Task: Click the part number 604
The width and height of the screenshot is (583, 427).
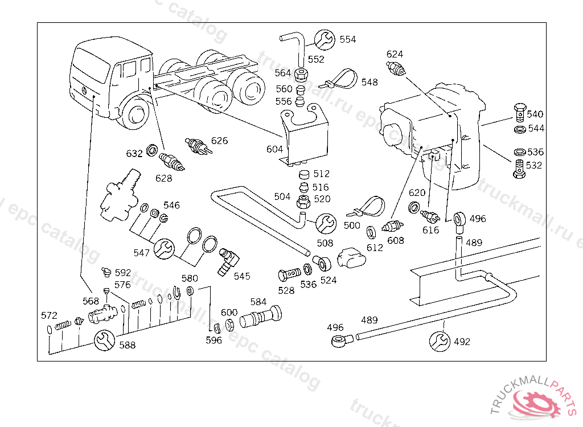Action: coord(274,149)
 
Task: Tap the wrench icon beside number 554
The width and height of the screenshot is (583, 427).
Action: coord(325,39)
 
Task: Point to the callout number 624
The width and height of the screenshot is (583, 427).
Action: coord(395,54)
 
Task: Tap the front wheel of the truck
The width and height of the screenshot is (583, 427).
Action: coord(137,113)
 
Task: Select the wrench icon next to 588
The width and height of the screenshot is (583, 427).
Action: coord(104,341)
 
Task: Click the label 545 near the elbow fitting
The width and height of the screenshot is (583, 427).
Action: coord(242,276)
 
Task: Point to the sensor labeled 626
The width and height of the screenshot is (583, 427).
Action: coord(197,146)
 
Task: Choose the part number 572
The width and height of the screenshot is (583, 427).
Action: coord(49,315)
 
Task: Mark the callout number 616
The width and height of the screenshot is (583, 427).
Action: coord(431,230)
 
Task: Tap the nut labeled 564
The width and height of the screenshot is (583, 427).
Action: coord(303,73)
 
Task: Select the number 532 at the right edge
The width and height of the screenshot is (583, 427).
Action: coord(535,166)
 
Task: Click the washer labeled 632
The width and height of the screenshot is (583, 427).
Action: coord(152,151)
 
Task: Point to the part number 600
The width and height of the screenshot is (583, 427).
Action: coord(229,313)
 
